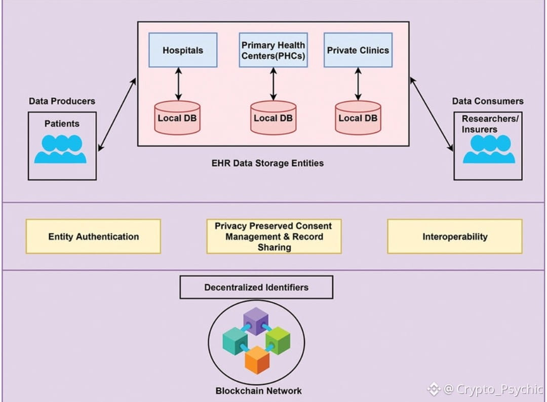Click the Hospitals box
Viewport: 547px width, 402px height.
click(183, 50)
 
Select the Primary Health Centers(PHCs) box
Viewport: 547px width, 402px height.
click(273, 50)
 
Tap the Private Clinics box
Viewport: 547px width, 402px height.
click(358, 50)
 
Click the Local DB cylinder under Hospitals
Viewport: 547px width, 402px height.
click(177, 118)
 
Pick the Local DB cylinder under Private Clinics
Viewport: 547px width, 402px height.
click(358, 118)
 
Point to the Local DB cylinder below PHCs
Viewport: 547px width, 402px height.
click(273, 118)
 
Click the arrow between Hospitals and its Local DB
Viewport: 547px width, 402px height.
click(178, 84)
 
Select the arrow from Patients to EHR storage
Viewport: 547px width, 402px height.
click(117, 114)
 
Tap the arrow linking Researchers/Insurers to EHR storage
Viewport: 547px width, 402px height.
click(431, 114)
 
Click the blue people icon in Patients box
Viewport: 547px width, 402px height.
click(60, 149)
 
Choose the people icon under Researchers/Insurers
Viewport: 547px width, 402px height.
click(489, 149)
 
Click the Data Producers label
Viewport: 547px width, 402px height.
click(62, 101)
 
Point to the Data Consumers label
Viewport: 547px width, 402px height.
click(488, 101)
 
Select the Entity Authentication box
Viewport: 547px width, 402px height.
click(93, 236)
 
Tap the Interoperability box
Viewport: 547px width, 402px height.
click(455, 236)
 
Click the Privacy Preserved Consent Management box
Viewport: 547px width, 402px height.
click(273, 236)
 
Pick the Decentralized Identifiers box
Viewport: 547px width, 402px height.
click(256, 287)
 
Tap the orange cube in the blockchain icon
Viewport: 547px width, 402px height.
click(257, 359)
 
